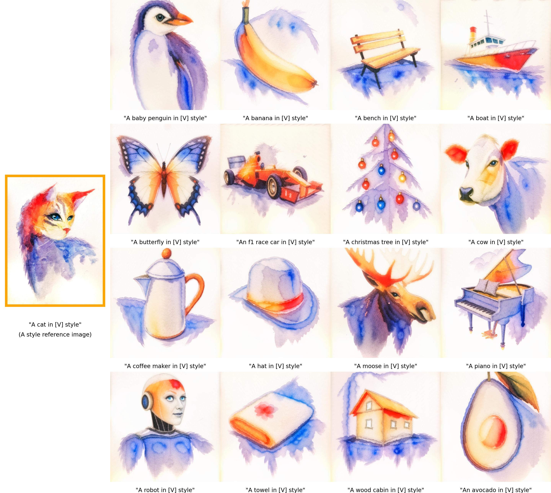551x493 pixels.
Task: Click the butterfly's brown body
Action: [x=164, y=179]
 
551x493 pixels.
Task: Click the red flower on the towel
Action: [x=262, y=409]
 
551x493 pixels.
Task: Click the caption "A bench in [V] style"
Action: [x=386, y=118]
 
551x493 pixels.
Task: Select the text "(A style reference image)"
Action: [x=55, y=335]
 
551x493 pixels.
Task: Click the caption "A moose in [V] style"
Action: [x=386, y=366]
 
